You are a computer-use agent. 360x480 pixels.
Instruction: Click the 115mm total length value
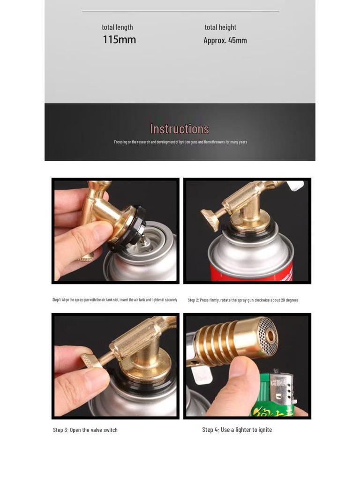pos(119,40)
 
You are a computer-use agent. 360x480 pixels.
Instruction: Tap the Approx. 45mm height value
pos(225,40)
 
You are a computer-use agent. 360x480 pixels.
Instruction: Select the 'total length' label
pos(117,27)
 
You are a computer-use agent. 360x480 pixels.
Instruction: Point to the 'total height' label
pos(220,27)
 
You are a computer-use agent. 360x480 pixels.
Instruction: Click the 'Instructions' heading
pos(180,129)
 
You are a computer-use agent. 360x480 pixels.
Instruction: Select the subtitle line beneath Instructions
pos(180,142)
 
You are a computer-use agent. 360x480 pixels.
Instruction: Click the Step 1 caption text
pos(115,300)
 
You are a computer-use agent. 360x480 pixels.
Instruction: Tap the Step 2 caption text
pos(243,300)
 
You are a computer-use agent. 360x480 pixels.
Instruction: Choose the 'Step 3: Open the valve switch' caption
pos(85,430)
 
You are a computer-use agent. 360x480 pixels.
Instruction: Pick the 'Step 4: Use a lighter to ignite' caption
pos(237,429)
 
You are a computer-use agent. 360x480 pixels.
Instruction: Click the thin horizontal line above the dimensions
pos(180,11)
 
